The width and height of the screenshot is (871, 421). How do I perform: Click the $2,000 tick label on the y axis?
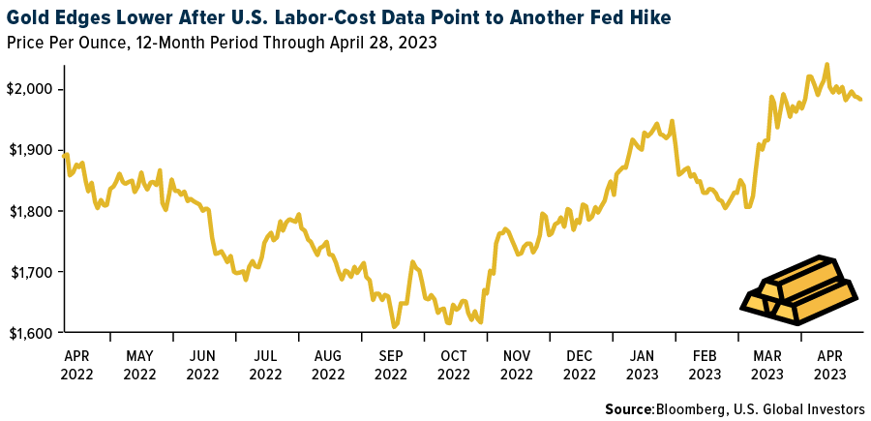[x=31, y=89]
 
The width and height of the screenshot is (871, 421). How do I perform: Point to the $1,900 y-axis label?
[x=31, y=150]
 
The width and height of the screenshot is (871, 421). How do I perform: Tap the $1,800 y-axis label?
[x=31, y=211]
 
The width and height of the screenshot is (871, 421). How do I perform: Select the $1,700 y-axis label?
[x=31, y=272]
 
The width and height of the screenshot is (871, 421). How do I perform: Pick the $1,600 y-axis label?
[x=31, y=333]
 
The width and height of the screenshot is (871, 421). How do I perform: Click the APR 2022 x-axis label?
[x=77, y=364]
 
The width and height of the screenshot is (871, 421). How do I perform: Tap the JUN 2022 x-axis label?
[x=202, y=364]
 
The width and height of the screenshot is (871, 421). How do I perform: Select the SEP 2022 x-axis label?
[x=391, y=364]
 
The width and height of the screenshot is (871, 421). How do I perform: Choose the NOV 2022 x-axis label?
[x=517, y=364]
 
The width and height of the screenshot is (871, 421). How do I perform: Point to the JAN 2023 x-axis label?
[x=643, y=364]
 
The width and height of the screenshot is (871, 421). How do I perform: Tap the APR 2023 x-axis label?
[x=831, y=364]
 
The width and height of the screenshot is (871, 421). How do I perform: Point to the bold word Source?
[x=629, y=409]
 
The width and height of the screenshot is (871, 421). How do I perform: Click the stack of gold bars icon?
[x=798, y=290]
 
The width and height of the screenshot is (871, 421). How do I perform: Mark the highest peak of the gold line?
[x=826, y=65]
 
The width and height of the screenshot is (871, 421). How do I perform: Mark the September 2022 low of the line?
[x=394, y=326]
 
